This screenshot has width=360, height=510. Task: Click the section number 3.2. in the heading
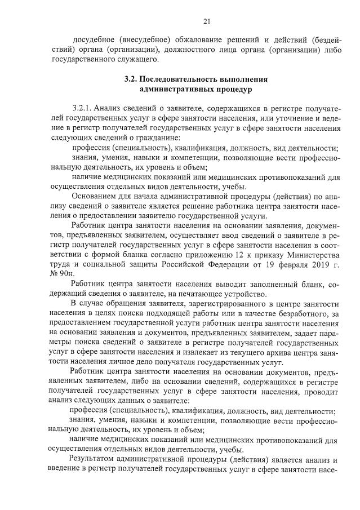[131, 79]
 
